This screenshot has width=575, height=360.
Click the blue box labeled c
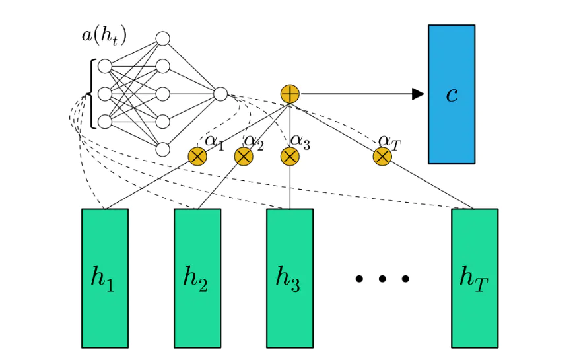coord(451,94)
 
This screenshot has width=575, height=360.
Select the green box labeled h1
coord(104,278)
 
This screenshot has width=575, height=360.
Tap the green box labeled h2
coord(197,278)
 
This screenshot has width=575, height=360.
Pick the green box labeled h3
coord(289,278)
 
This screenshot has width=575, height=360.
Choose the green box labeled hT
coord(474,278)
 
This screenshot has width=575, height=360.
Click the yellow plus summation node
coord(290,94)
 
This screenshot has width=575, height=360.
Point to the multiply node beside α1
coord(197,157)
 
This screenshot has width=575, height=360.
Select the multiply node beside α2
coord(244,157)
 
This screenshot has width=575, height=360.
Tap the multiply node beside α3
coord(290,157)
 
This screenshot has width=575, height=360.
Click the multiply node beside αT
coord(382,157)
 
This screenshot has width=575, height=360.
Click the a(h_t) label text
coord(104,35)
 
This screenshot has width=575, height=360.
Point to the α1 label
coord(214,140)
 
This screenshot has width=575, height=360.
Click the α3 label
coord(300,140)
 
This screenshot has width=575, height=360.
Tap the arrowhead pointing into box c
coord(418,94)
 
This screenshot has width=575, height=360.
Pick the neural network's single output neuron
coord(220,94)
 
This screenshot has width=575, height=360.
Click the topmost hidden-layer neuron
coord(162,39)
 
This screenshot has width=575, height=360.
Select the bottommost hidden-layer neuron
coord(162,149)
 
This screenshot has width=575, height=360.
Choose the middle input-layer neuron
coord(104,94)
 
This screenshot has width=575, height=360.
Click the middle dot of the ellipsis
coord(382,279)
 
